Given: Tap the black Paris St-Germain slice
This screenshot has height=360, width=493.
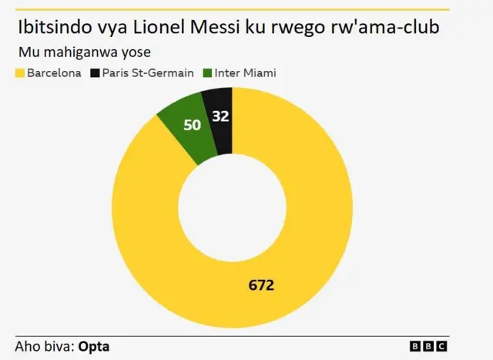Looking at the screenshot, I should tap(219, 119).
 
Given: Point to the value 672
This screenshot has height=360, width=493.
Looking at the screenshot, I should tap(261, 284).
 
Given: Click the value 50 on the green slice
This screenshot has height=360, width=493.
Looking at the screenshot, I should tap(192, 124).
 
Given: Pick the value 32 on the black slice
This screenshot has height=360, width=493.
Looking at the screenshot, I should tap(221, 117).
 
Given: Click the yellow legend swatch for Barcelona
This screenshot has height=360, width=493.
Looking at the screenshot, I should tap(20, 74).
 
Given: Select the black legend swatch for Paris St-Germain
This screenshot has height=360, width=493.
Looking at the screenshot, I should tap(96, 74).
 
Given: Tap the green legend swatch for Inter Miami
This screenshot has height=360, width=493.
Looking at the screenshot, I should tap(207, 74).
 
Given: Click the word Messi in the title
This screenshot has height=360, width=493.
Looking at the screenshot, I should tap(230, 29).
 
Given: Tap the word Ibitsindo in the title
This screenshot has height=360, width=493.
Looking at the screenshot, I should tap(59, 29).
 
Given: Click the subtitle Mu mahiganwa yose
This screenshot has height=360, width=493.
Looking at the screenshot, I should tap(84, 52).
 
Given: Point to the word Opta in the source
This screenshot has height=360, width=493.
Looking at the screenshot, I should tap(94, 346).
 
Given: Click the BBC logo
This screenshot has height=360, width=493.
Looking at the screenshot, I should tap(428, 347).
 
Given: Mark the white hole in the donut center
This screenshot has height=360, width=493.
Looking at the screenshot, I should tap(232, 207).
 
